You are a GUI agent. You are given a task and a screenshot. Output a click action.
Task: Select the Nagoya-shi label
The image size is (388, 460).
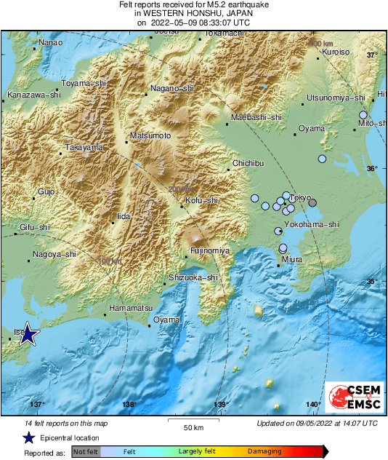[55, 255]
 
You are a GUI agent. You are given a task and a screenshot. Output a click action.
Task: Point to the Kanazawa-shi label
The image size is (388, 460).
[33, 95]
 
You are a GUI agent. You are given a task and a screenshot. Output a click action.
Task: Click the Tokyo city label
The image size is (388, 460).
[300, 198]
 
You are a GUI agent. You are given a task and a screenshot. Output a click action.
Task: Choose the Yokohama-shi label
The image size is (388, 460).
[315, 225]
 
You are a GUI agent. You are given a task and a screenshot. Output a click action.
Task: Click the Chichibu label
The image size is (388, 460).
[247, 164]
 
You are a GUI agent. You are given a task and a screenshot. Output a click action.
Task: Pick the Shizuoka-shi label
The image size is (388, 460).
[193, 277]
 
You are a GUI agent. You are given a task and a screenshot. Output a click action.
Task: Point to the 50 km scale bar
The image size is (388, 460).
[193, 420]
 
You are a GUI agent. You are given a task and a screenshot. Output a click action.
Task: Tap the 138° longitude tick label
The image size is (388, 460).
[129, 405]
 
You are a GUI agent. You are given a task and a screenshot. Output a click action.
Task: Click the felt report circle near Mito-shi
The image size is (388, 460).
[363, 115]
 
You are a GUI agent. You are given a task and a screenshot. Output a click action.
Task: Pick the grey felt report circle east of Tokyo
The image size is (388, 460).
[312, 203]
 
